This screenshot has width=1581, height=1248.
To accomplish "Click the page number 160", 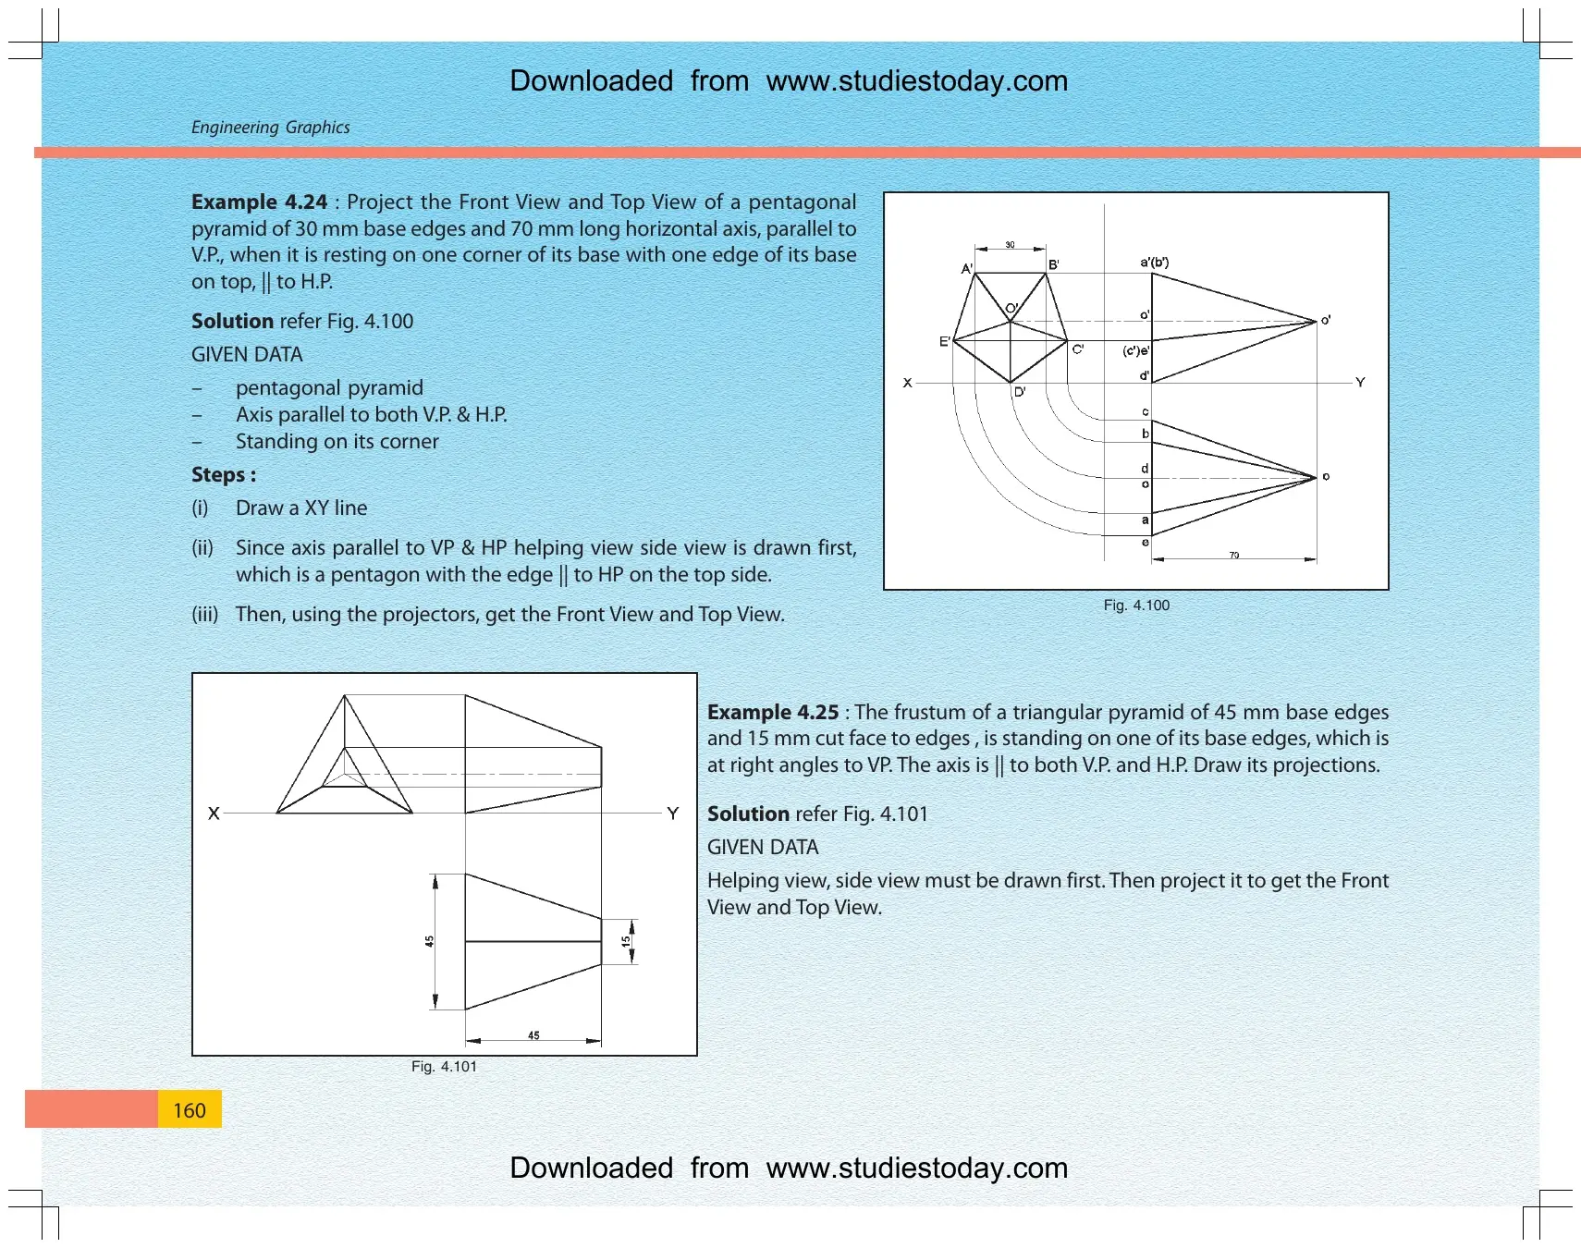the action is click(190, 1110).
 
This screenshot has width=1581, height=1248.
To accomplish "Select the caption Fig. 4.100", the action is click(1136, 606).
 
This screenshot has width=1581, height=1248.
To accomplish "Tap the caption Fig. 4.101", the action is click(444, 1067).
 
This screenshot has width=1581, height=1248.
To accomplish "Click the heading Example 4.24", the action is click(259, 202).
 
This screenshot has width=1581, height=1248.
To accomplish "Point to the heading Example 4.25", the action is click(773, 712).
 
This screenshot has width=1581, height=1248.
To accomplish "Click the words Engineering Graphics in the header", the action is click(270, 128).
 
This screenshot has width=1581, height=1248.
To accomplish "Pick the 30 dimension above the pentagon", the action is click(1010, 245).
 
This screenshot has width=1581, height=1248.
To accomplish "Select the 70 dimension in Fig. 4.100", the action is click(1233, 556).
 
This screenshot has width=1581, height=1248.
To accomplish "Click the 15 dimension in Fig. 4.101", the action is click(626, 942).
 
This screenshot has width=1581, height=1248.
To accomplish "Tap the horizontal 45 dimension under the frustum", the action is click(533, 1035).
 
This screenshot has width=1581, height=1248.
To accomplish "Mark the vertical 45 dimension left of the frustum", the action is click(429, 941).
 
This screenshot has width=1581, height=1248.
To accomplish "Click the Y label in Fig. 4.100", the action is click(1360, 383).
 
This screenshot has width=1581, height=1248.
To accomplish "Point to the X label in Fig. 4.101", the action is click(214, 814).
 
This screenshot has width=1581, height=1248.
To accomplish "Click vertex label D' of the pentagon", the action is click(1020, 392).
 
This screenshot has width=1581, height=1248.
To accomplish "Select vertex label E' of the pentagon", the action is click(945, 342).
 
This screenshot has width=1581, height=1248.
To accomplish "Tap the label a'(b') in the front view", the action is click(1154, 263).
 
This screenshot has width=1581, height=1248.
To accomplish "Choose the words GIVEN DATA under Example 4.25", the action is click(763, 848).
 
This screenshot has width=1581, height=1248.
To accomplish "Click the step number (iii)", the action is click(204, 615).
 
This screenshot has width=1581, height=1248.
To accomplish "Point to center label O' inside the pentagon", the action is click(1011, 309).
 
